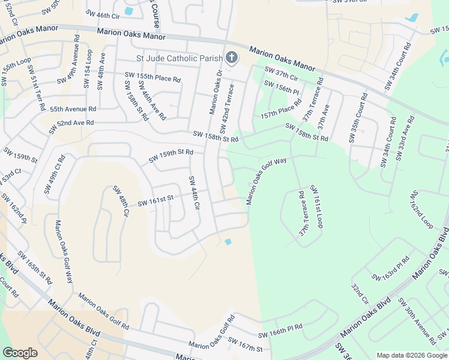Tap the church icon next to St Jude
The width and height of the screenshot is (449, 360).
click(232, 58)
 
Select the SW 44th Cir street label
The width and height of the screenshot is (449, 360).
click(193, 192)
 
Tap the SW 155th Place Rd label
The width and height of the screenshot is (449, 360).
click(152, 77)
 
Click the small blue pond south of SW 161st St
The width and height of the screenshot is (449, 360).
click(228, 242)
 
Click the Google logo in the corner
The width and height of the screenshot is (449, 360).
click(20, 353)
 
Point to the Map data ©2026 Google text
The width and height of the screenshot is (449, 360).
click(411, 355)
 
